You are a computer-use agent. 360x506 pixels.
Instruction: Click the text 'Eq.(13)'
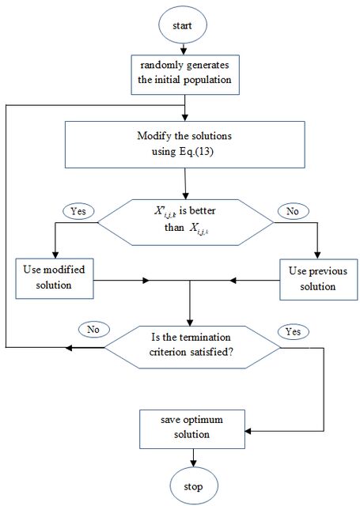(x=196, y=151)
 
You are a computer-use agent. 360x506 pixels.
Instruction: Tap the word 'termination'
(x=204, y=338)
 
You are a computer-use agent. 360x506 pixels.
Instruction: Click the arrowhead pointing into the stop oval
(x=193, y=463)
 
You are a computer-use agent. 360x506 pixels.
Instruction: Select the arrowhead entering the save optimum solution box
(x=248, y=431)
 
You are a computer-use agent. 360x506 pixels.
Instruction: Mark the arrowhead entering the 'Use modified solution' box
(x=55, y=255)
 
